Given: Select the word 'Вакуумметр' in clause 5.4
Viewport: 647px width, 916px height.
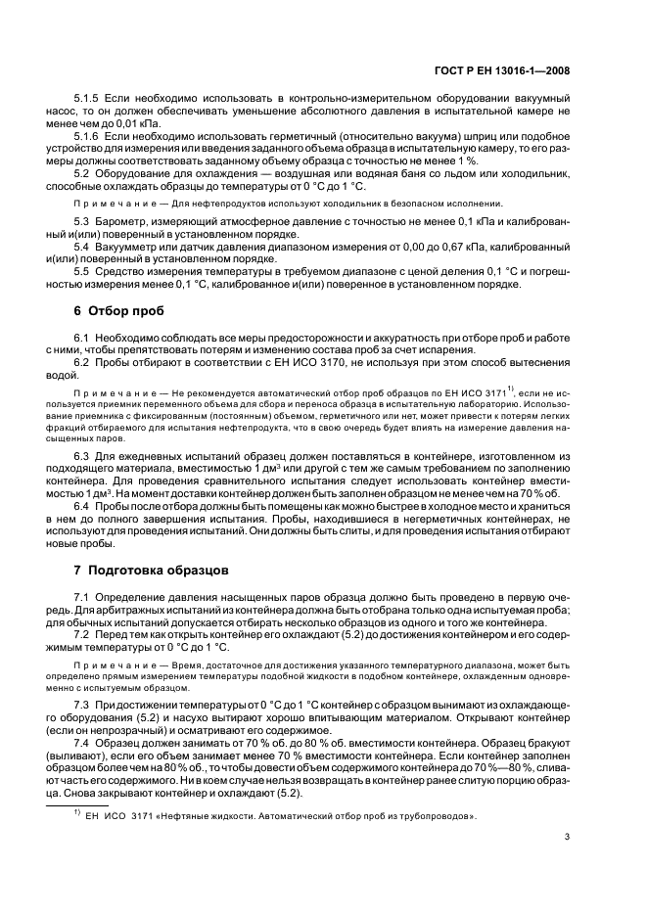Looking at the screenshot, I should (132, 250).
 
